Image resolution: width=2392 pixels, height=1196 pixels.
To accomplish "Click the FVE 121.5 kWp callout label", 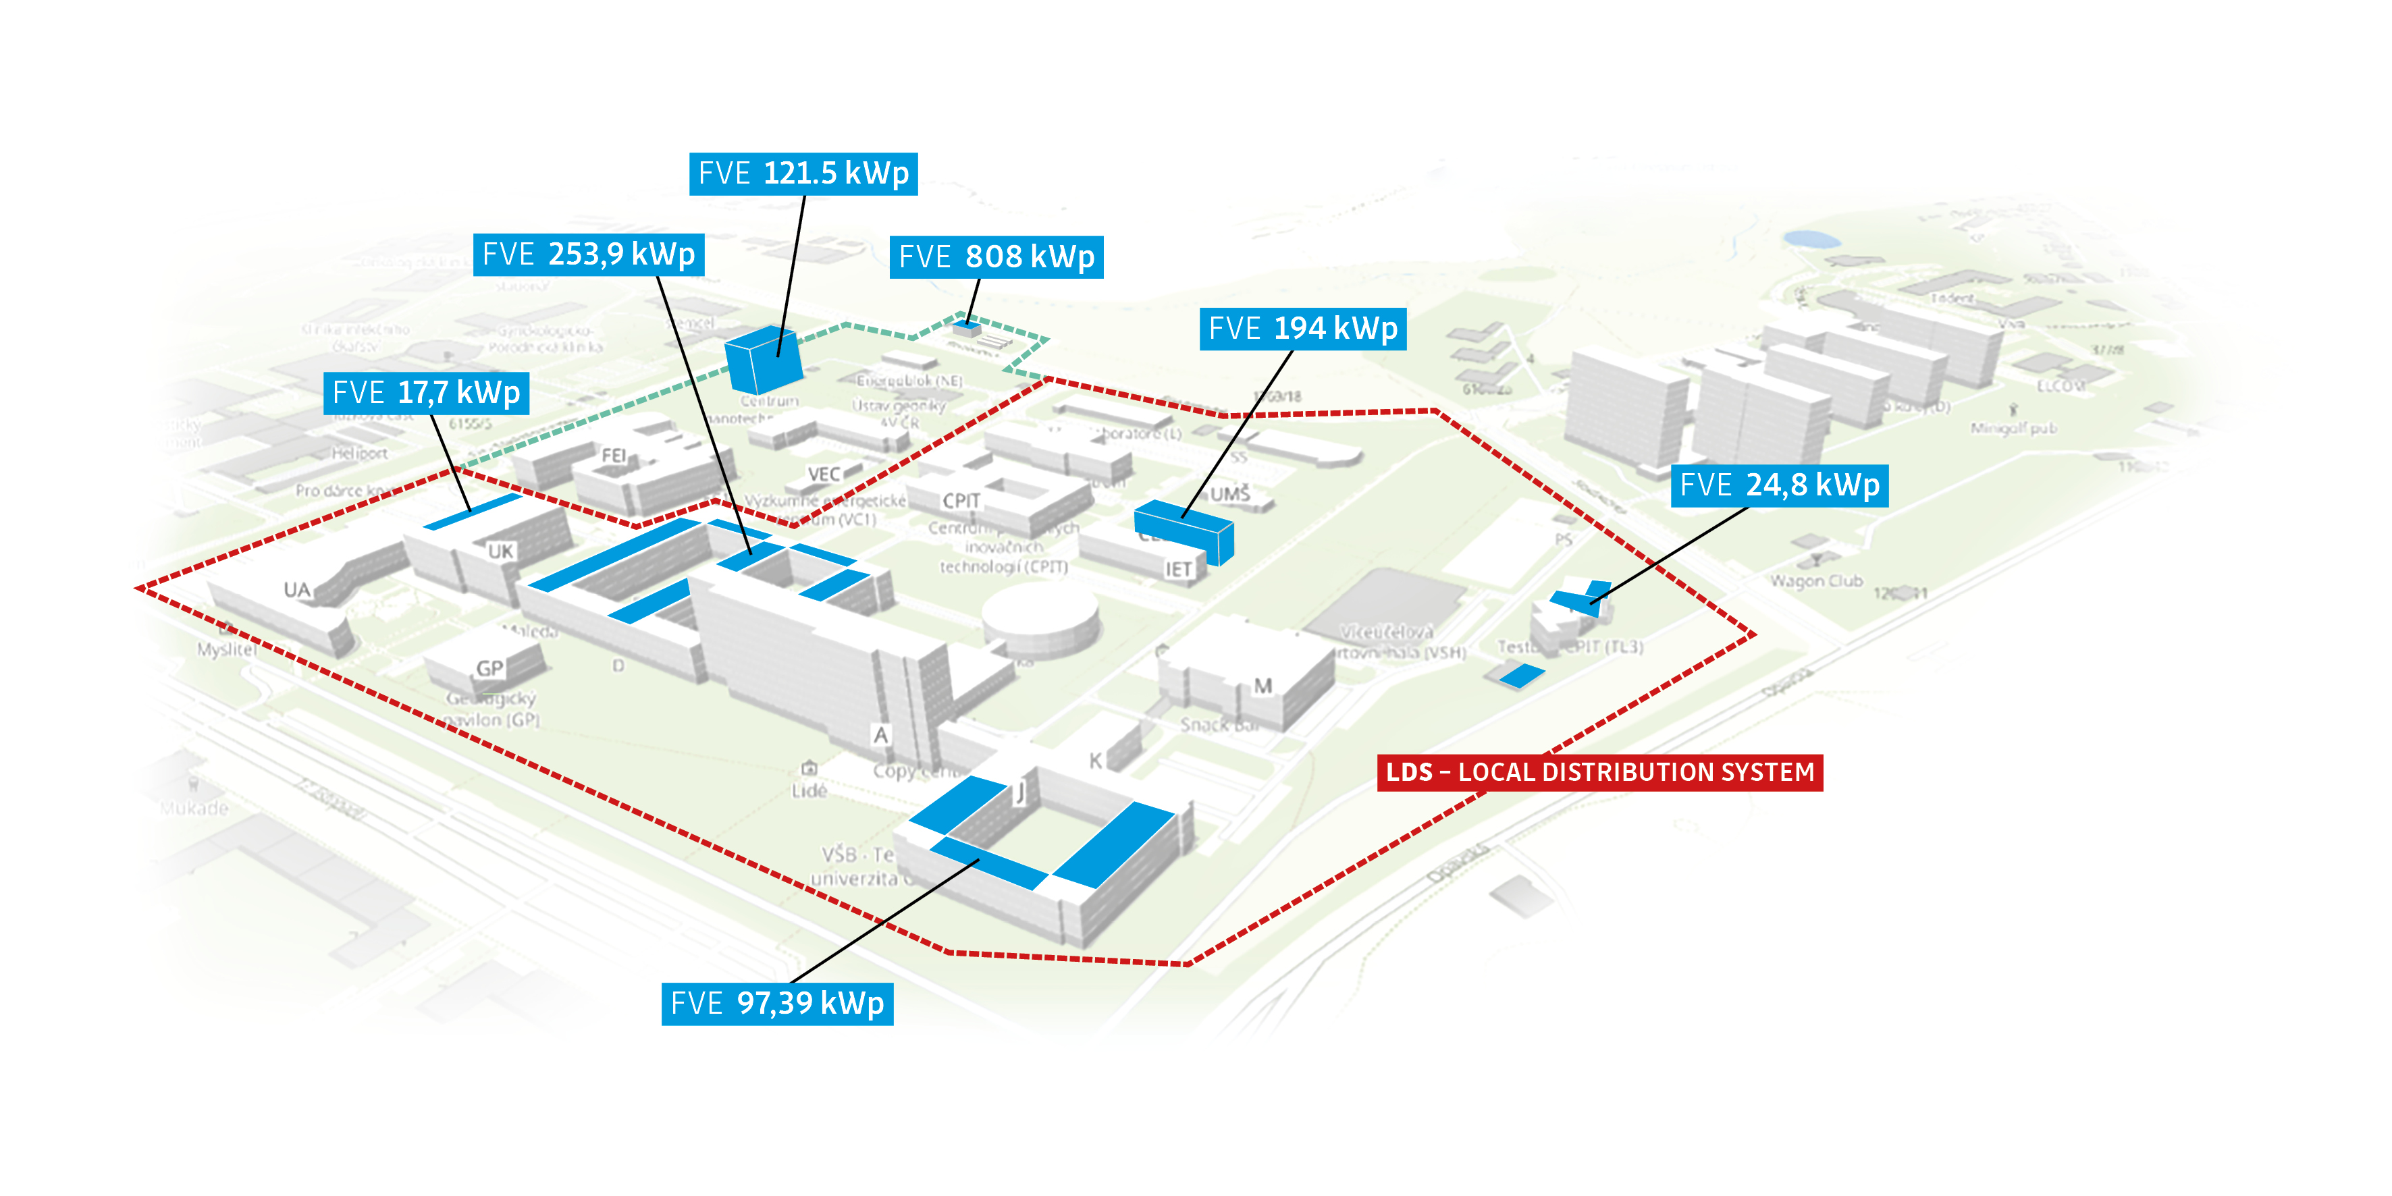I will pos(803,173).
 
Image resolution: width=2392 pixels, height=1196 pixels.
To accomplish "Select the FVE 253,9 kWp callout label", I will pos(589,254).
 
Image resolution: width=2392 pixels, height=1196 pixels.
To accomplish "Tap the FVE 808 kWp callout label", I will pos(996,257).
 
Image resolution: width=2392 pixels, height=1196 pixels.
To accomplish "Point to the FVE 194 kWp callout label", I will pos(1303,329).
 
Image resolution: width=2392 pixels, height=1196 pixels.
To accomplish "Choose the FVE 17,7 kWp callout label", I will pos(426,393).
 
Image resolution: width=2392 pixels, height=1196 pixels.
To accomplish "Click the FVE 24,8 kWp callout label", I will pos(1779,485).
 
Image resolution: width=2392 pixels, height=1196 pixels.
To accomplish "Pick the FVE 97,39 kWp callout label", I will pos(777,1004).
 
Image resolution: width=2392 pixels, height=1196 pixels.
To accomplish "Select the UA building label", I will pos(297,590).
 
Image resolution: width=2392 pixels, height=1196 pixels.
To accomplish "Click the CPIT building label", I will pos(961,501).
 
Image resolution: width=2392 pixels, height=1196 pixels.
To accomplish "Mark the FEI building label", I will pos(614,455).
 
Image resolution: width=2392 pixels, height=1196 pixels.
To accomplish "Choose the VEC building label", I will pos(824,474).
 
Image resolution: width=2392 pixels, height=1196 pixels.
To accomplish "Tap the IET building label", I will pos(1177,569).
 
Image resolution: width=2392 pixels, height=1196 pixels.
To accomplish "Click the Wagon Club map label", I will pos(1815,581).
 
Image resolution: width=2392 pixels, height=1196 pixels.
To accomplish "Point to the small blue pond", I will pos(1811,239).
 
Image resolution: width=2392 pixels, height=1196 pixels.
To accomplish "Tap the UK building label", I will pos(500,551).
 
